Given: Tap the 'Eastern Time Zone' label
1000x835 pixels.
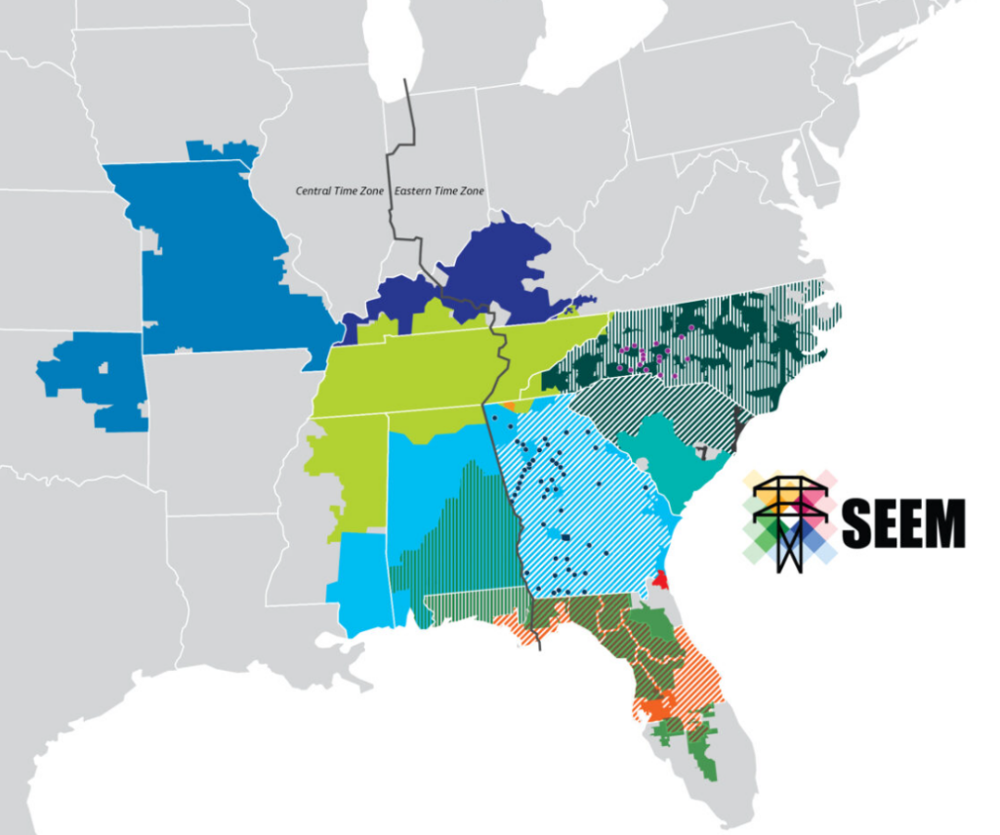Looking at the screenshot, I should tap(439, 191).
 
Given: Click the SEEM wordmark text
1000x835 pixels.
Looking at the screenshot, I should tap(902, 523).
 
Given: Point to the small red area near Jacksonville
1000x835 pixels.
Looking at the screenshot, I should tap(661, 579).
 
